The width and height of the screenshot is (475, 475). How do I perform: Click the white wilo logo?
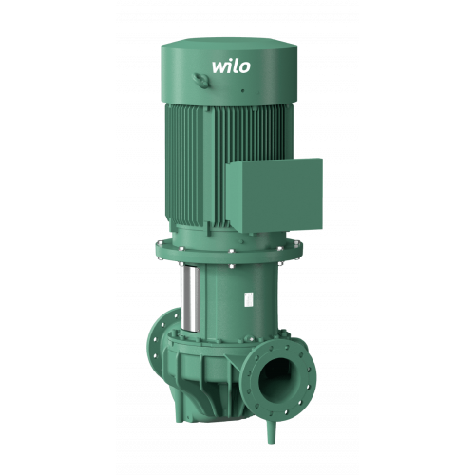tap(231, 66)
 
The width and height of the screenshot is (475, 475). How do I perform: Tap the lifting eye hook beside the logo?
tap(201, 81)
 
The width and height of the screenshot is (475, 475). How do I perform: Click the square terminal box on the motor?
tap(275, 196)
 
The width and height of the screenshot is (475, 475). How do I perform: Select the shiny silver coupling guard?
tap(190, 298)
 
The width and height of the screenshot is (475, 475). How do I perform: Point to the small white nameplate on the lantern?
tap(249, 299)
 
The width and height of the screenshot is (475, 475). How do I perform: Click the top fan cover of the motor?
tap(229, 71)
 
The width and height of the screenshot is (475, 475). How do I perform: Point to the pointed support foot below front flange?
tap(272, 431)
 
